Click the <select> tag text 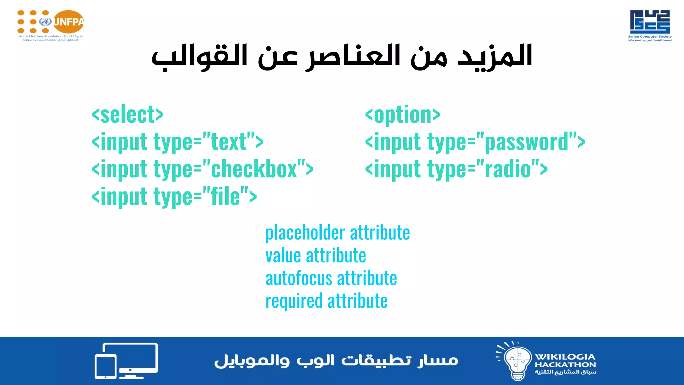point(127,115)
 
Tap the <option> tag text point(402,115)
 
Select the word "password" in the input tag point(526,142)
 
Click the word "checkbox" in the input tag point(254,169)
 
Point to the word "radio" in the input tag point(508,169)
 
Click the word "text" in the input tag point(229,142)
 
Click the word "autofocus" point(299,279)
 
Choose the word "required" point(294,301)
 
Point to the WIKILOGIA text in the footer point(565,357)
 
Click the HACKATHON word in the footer point(565,365)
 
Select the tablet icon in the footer point(106,366)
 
